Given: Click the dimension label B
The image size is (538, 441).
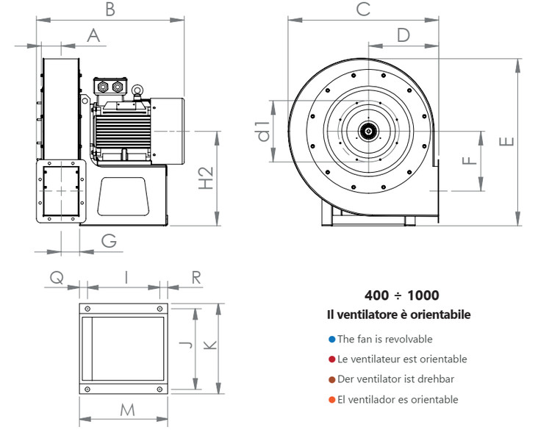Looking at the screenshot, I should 110,10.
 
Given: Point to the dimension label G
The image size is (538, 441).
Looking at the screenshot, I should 109,240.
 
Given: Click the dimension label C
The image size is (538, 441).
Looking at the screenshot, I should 362,10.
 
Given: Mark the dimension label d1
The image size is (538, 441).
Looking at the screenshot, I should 263,131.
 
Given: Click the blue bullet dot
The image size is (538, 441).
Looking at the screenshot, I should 332,340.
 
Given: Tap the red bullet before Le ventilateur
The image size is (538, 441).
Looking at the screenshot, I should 332,359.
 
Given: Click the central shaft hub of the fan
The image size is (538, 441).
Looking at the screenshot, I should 366,132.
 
